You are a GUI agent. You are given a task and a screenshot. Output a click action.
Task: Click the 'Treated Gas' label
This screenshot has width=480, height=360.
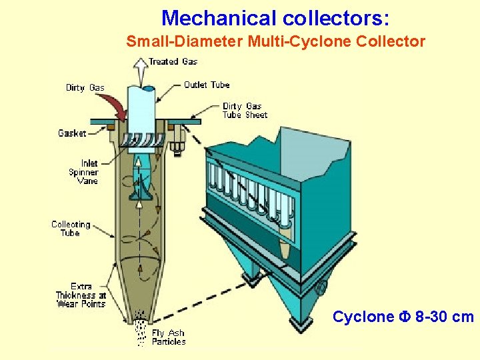pos(173,61)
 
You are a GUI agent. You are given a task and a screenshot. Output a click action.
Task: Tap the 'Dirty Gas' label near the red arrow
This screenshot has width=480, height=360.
pos(85,87)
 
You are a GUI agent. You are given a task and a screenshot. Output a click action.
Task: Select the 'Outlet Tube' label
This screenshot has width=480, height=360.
pos(207,85)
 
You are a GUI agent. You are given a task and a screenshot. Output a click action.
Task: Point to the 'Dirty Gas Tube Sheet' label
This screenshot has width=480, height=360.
pos(245,110)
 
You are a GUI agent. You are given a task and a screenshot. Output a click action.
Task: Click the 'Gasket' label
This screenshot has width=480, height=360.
pos(72,133)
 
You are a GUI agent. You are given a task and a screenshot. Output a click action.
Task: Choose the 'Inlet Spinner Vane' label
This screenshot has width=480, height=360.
pos(83,172)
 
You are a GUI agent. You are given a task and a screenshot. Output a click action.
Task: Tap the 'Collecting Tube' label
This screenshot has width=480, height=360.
pos(71,229)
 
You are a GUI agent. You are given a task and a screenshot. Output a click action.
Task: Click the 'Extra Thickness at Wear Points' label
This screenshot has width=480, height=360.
pos(81,295)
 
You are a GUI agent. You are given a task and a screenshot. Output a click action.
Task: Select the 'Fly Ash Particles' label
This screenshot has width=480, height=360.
pos(169,337)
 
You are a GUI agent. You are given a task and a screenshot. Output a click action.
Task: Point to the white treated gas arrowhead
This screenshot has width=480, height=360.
pos(141,63)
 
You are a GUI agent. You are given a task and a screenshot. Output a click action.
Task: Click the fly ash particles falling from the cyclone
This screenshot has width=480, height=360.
pos(141,329)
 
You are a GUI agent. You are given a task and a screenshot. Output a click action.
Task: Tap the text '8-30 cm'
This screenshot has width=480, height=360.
pos(445,317)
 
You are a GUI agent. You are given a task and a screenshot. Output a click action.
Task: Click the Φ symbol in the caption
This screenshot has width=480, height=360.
pos(404,317)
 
